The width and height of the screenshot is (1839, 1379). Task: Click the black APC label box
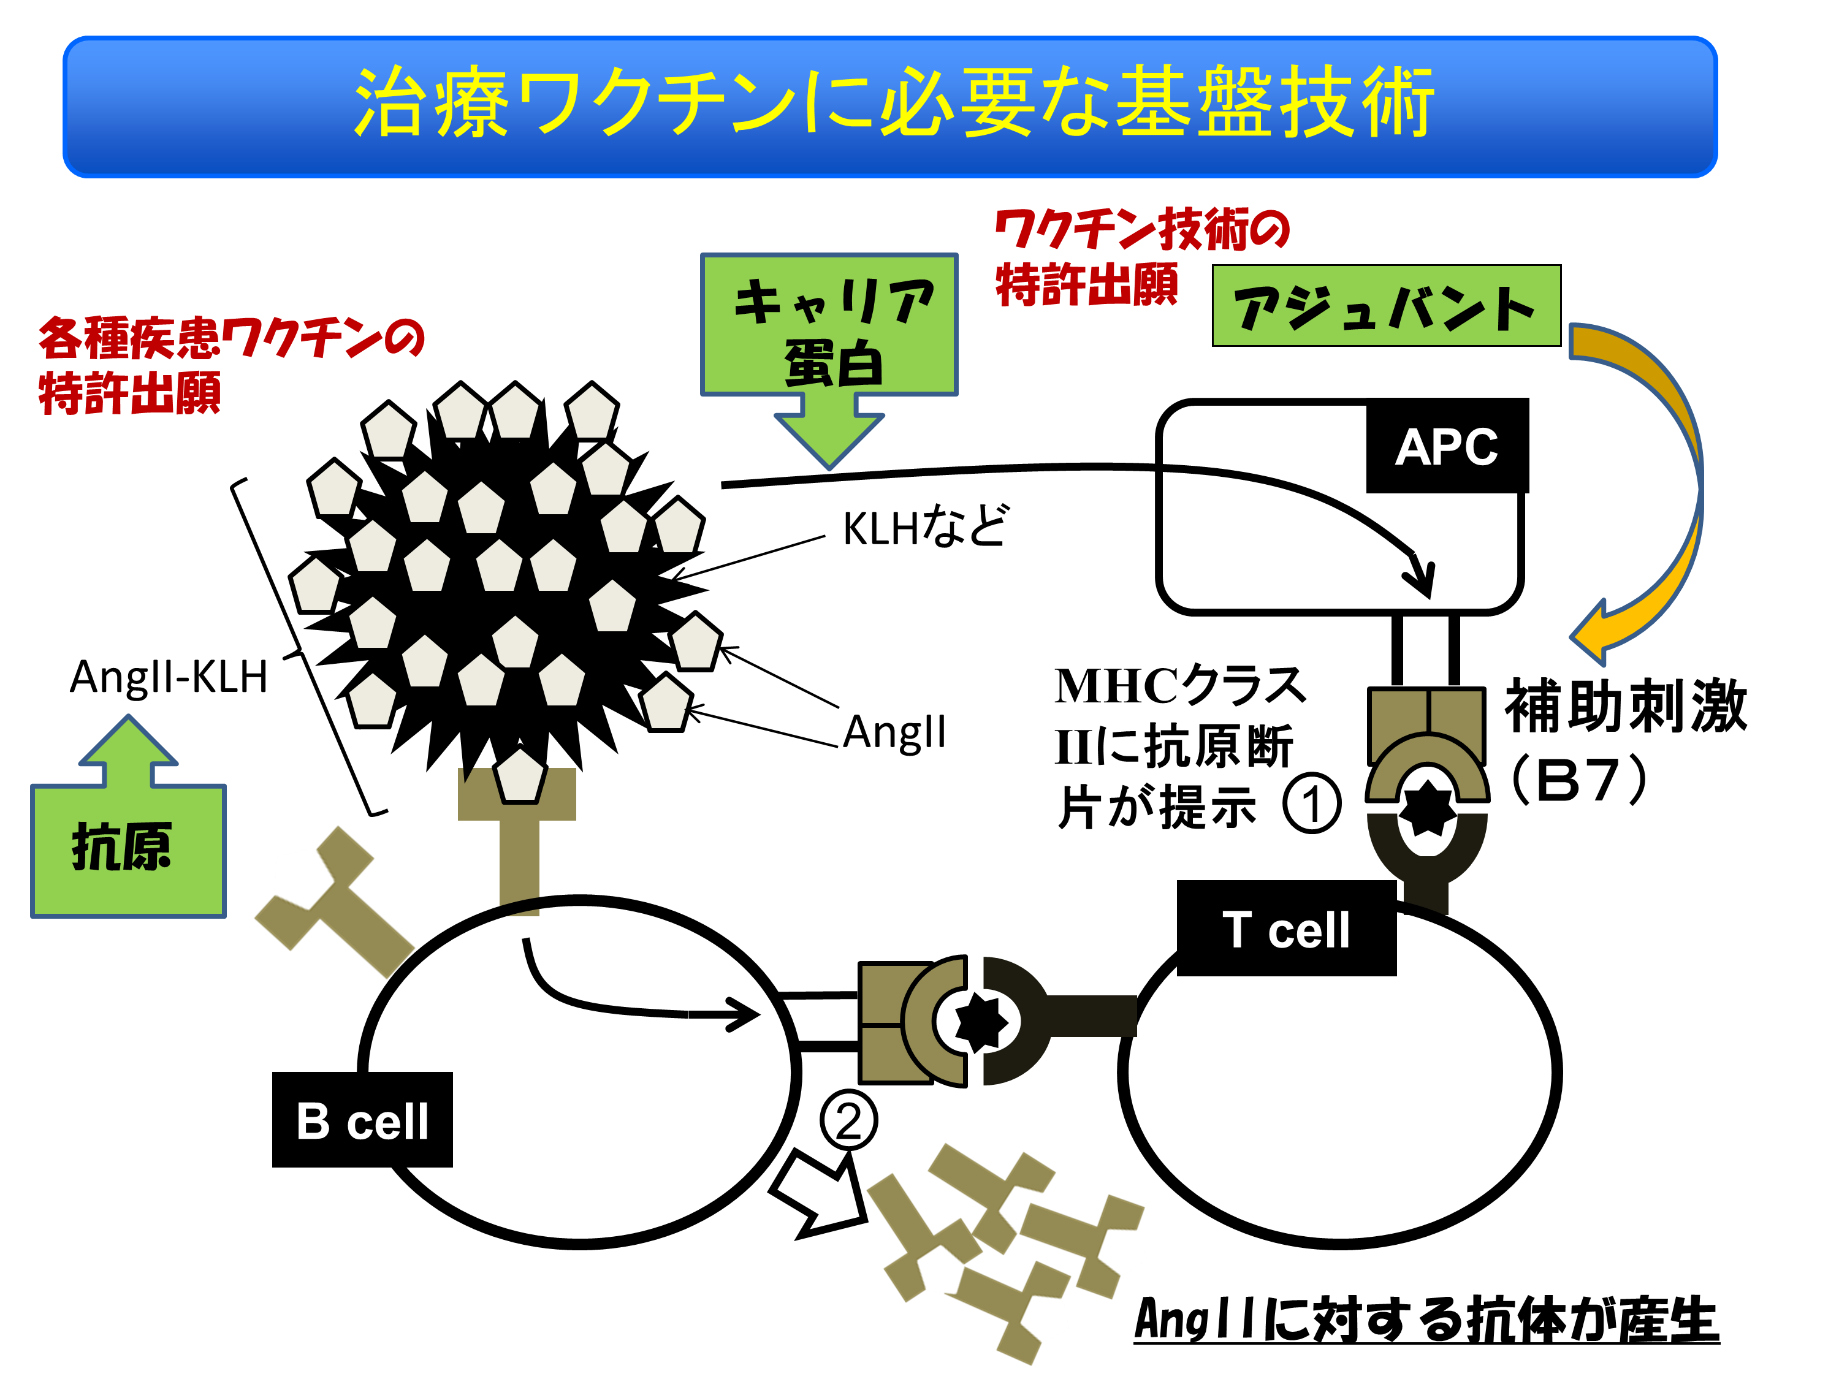coord(1447,446)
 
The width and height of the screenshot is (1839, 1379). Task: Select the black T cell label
coord(1285,929)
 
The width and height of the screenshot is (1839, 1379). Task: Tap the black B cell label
coord(362,1120)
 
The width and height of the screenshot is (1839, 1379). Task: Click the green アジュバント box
coord(1386,306)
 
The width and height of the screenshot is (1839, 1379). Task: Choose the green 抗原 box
coord(128,849)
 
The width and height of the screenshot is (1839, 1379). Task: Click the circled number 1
coord(1311,803)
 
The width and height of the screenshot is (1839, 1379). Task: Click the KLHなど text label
coord(924,527)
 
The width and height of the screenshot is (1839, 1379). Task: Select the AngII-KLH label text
coord(169,676)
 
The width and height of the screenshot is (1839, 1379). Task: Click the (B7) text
coord(1578,780)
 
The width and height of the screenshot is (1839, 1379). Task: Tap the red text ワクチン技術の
coord(1141,229)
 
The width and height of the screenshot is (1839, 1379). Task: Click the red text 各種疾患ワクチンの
coord(231,338)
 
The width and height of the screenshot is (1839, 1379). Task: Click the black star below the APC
coord(1426,808)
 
